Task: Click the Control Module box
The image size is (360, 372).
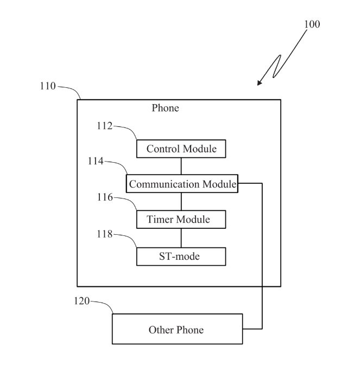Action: pos(180,149)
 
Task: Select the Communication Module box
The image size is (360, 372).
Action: pos(182,184)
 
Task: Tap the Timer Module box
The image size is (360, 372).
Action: pos(180,220)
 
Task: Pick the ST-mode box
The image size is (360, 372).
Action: pos(180,256)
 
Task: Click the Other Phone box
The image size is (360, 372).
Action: pos(177,329)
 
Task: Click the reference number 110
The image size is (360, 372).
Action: pos(47,86)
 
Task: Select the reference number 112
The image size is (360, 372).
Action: pos(104,126)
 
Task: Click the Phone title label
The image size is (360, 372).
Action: pos(165,108)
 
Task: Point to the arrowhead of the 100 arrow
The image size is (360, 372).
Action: pos(260,84)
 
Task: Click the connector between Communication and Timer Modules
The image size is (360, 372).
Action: pos(181,201)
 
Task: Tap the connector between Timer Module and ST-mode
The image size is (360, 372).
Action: pos(181,238)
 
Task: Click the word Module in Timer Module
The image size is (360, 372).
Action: pos(193,220)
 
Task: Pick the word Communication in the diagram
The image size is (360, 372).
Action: pos(164,184)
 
